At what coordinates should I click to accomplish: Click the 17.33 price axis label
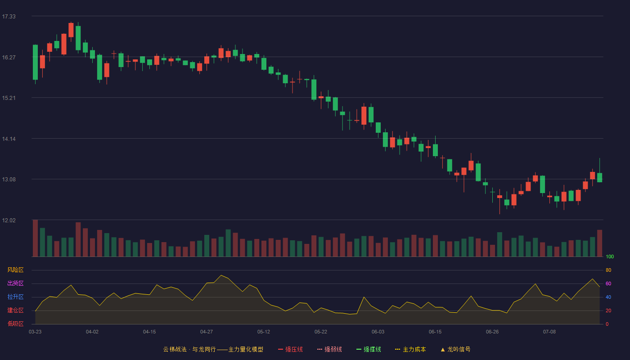(x=9, y=17)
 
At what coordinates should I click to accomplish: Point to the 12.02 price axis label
(x=9, y=220)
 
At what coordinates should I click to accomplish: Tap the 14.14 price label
(x=9, y=139)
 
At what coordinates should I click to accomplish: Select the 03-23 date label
(x=35, y=332)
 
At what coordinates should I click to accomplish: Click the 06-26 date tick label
(x=492, y=332)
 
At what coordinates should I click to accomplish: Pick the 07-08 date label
(x=549, y=332)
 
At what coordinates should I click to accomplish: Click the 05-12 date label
(x=264, y=332)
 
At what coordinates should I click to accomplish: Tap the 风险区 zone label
(x=15, y=270)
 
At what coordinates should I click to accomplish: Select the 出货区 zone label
(x=15, y=283)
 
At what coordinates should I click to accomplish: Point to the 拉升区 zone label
(x=15, y=297)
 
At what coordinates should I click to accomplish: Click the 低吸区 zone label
(x=15, y=324)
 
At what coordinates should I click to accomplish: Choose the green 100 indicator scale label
(x=610, y=256)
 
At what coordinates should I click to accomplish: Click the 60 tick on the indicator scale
(x=608, y=283)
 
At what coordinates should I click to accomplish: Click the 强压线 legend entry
(x=290, y=349)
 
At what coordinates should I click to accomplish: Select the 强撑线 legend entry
(x=369, y=349)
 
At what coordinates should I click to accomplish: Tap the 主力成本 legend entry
(x=410, y=349)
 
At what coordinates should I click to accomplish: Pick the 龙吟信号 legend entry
(x=455, y=349)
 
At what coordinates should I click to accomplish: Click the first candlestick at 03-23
(x=35, y=62)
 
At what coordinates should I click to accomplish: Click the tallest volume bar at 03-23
(x=35, y=238)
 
